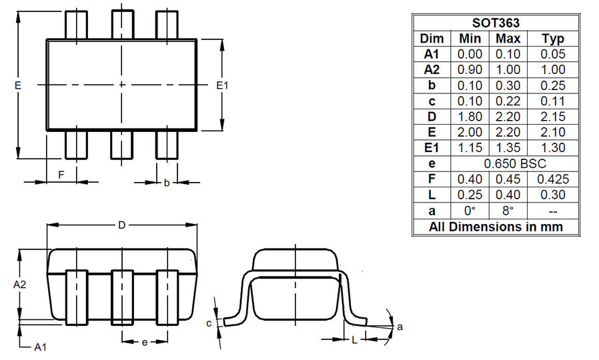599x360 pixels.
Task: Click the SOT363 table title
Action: [496, 23]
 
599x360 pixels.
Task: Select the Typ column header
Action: [552, 39]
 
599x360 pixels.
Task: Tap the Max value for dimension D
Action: [508, 117]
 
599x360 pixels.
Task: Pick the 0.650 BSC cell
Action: [515, 163]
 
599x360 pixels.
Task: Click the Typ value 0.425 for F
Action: [553, 179]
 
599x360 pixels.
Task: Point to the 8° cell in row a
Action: [508, 211]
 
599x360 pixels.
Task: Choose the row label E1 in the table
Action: [432, 148]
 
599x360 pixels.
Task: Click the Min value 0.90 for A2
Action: [470, 69]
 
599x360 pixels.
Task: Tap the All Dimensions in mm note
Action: [496, 227]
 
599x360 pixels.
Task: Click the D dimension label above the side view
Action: [121, 225]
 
